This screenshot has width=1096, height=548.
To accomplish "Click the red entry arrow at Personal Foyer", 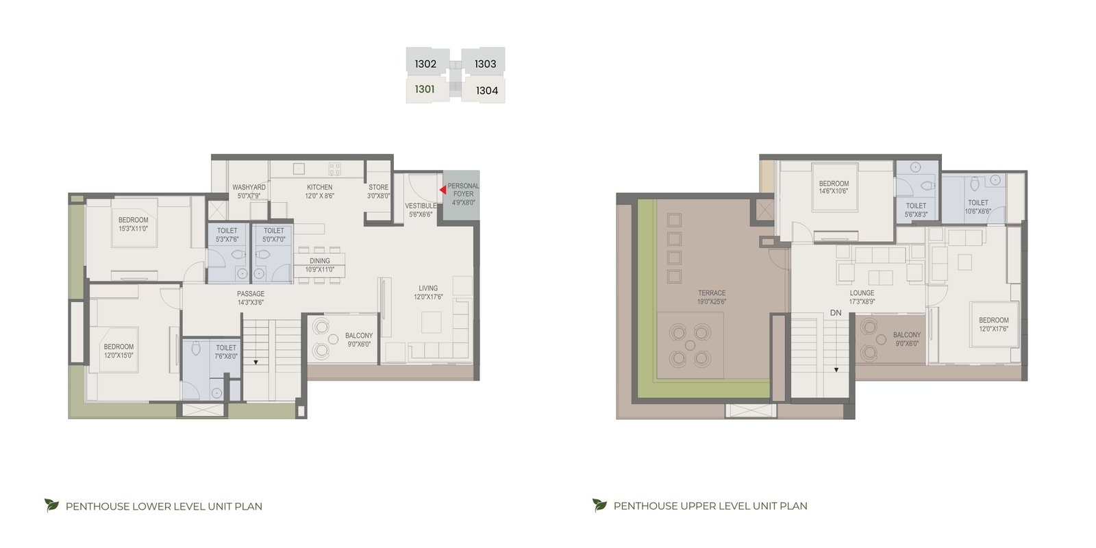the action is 443,189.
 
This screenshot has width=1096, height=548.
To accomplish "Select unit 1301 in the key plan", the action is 425,89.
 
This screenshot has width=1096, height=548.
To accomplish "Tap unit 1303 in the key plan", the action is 486,64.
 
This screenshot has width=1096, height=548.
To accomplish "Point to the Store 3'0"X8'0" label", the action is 379,191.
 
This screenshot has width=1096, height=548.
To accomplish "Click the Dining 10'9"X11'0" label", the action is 319,265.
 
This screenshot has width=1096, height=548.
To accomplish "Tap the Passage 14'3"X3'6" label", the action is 251,298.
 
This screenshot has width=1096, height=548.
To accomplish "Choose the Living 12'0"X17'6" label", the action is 428,292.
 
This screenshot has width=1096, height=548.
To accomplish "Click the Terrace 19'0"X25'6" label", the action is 712,297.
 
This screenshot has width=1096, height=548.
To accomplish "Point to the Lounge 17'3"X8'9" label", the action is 862,297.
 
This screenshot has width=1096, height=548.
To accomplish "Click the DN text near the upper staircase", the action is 836,312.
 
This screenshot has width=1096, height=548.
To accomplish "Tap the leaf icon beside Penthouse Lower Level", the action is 51,505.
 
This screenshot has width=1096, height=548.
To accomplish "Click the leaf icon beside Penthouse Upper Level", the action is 599,505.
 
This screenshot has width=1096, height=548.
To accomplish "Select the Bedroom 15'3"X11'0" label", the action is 133,224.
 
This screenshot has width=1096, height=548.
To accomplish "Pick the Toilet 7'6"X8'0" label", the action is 225,352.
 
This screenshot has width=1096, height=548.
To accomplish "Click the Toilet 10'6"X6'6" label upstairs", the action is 977,207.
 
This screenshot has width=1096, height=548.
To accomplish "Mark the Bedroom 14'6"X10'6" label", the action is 834,188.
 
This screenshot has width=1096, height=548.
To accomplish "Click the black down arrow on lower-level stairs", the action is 256,362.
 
